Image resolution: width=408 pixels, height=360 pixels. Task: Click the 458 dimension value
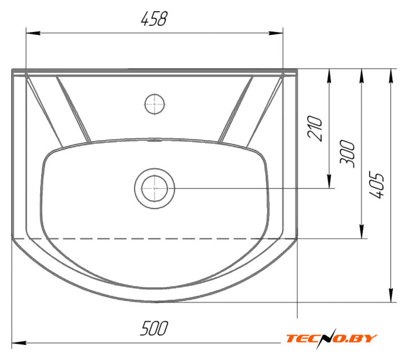154,19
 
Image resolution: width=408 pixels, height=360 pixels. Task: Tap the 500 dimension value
154,328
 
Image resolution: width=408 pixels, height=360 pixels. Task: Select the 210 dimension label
315,128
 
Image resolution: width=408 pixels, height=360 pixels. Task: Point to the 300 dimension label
347,154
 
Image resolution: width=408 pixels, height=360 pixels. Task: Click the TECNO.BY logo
331,339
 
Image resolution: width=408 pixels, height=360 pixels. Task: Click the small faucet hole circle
155,104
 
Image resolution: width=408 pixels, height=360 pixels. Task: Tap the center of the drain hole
155,188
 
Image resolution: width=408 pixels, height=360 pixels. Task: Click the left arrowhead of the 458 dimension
33,33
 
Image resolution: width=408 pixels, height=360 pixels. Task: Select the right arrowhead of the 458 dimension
276,33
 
